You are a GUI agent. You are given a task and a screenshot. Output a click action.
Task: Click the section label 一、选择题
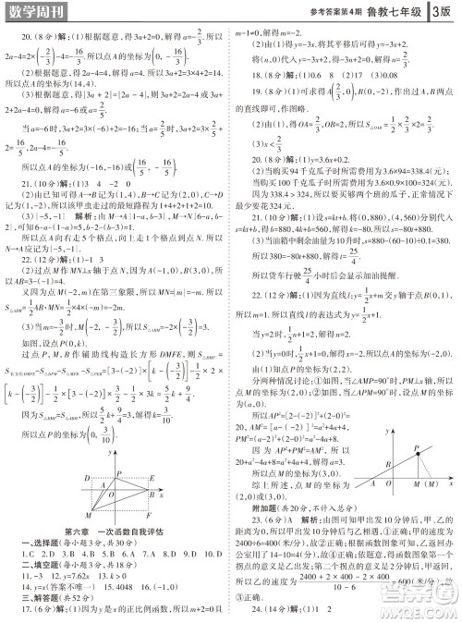click(38, 540)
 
